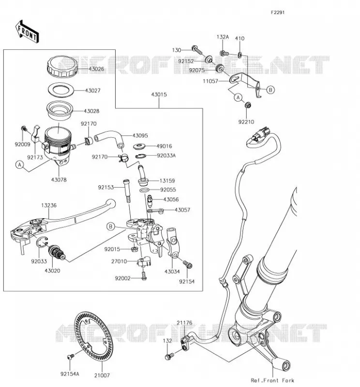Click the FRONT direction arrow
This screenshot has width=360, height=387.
coord(27,32)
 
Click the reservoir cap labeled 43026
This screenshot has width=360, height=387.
coord(62,66)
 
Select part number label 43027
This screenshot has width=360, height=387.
coord(92,90)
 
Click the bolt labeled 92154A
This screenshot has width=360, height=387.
coord(70,357)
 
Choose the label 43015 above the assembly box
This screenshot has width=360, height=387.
coord(159,94)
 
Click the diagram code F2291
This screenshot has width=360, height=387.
coord(278,13)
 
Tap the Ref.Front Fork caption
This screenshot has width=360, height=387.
coord(272,380)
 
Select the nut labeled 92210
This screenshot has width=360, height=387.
coord(248,105)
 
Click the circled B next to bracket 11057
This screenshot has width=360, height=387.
coord(270,90)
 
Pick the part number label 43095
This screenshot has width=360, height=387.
coord(140,135)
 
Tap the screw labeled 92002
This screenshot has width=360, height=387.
coord(144,276)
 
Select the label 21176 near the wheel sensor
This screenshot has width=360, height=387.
coord(184,323)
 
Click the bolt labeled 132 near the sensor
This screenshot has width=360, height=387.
coord(169,356)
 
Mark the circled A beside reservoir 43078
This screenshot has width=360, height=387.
coord(20,164)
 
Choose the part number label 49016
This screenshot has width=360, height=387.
coord(164,146)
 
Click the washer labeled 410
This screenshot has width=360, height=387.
coord(240,55)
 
